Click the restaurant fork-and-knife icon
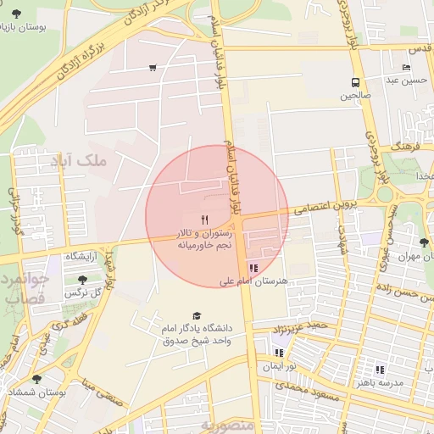[x=204, y=220]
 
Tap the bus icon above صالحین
[x=355, y=83]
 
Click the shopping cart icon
[x=153, y=68]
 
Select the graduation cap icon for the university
[x=198, y=315]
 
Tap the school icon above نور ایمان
[x=278, y=353]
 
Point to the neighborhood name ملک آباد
[x=80, y=159]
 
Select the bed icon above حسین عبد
[x=407, y=67]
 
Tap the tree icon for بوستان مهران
[x=424, y=242]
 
